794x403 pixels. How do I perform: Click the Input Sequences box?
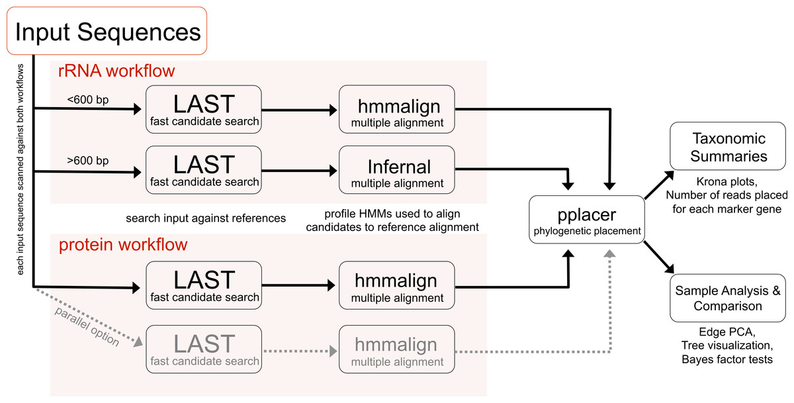pyautogui.click(x=107, y=31)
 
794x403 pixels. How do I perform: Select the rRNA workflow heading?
pyautogui.click(x=116, y=71)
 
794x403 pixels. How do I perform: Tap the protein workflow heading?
pyautogui.click(x=123, y=245)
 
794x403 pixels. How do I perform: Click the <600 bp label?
pyautogui.click(x=88, y=100)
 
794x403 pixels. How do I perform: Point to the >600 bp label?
pyautogui.click(x=88, y=161)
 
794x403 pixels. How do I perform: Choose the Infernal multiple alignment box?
pyautogui.click(x=397, y=170)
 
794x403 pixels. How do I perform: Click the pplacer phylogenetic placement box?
pyautogui.click(x=587, y=220)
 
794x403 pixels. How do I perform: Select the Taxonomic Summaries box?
pyautogui.click(x=728, y=146)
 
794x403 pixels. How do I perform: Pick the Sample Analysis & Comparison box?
pyautogui.click(x=728, y=298)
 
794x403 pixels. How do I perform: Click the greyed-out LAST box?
pyautogui.click(x=204, y=349)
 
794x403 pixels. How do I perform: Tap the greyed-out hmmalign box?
pyautogui.click(x=397, y=349)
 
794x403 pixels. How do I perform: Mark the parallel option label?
pyautogui.click(x=87, y=326)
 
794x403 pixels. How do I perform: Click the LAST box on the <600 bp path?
pyautogui.click(x=204, y=109)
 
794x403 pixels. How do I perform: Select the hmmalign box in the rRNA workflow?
pyautogui.click(x=397, y=109)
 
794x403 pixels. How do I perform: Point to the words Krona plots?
pyautogui.click(x=727, y=182)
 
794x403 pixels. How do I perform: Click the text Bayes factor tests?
pyautogui.click(x=727, y=359)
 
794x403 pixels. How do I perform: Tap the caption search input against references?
pyautogui.click(x=206, y=218)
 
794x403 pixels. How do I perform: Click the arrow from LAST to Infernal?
pyautogui.click(x=300, y=171)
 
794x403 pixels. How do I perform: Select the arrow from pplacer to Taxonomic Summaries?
pyautogui.click(x=659, y=185)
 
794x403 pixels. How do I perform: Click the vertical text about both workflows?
pyautogui.click(x=21, y=169)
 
